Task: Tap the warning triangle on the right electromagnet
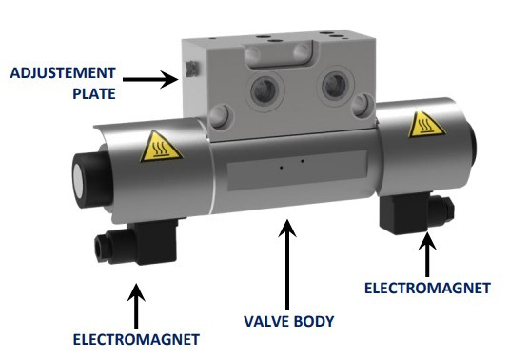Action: [x=423, y=125]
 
